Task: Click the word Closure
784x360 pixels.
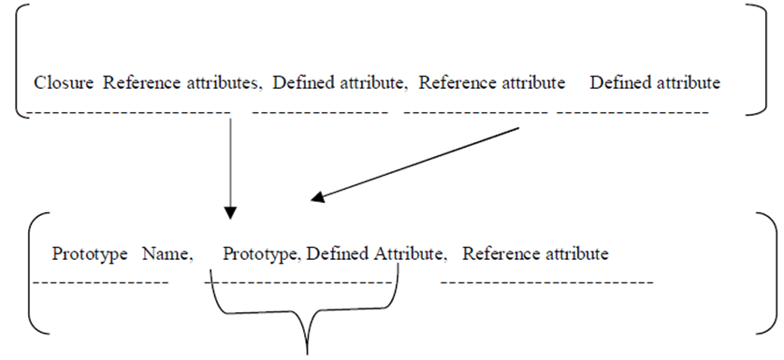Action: tap(64, 82)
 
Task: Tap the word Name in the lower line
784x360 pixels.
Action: tap(168, 254)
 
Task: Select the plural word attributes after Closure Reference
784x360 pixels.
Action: tap(225, 82)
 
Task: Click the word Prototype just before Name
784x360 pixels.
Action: tap(90, 254)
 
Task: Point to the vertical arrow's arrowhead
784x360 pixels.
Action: tap(230, 213)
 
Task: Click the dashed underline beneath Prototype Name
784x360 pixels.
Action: tap(100, 283)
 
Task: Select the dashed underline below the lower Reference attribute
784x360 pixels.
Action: tap(547, 283)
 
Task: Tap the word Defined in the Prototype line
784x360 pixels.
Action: tap(338, 254)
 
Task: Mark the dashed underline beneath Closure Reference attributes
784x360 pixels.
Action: tap(128, 112)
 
